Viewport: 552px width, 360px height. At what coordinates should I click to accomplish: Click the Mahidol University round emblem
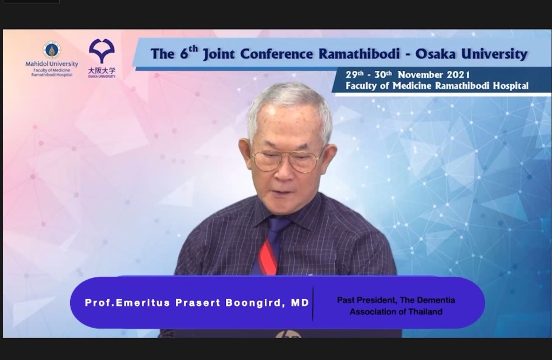[52, 50]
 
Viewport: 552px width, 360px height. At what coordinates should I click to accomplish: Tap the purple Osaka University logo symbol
[102, 51]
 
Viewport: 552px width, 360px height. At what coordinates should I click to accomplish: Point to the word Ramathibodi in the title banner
[359, 54]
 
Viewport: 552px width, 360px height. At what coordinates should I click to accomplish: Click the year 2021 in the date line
[458, 74]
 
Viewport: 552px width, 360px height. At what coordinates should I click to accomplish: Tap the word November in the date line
[420, 74]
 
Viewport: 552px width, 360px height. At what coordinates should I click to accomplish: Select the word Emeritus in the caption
[143, 303]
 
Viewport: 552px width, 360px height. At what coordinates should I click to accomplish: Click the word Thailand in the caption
[425, 312]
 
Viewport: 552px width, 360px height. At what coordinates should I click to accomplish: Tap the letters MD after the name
[300, 303]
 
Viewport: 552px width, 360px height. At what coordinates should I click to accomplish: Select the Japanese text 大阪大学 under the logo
[102, 71]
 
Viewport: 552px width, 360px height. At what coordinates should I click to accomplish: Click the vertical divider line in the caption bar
[313, 303]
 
